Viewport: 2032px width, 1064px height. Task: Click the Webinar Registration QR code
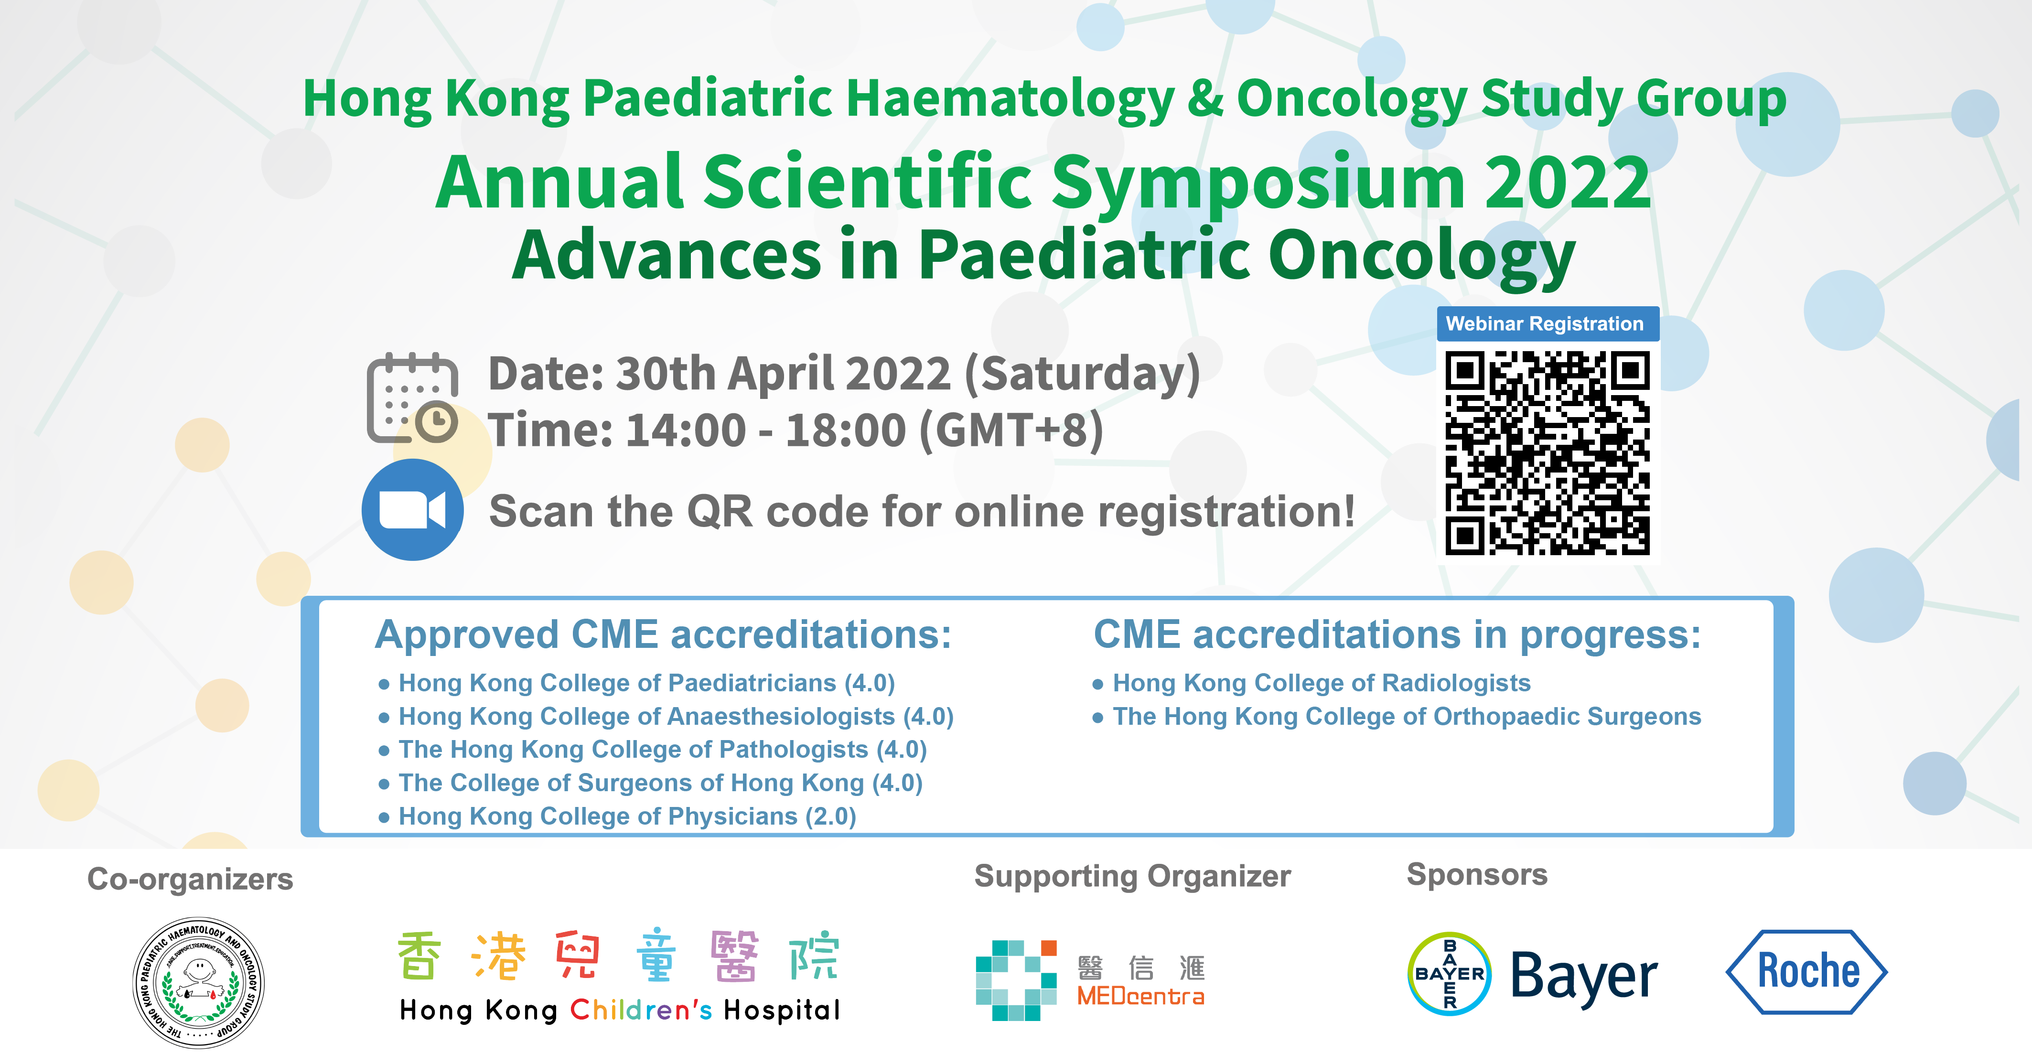1547,453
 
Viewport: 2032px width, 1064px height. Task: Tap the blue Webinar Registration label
1548,323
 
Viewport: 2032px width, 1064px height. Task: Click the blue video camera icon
412,509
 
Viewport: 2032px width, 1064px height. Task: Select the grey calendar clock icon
412,398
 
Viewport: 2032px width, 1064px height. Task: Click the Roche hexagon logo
1806,972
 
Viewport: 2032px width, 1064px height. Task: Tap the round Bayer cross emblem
1450,973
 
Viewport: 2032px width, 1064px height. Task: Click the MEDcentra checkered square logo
1016,980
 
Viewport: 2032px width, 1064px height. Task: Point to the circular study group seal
199,982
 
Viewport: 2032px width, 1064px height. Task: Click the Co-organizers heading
190,879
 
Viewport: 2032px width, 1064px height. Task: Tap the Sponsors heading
1477,875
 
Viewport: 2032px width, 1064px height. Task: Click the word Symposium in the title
1258,184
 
